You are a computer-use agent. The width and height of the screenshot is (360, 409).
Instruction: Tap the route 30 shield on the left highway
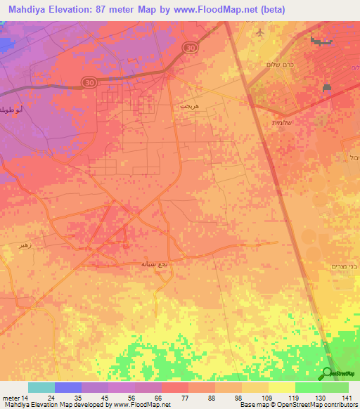(88, 82)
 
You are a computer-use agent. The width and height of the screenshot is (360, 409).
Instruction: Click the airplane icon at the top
(261, 32)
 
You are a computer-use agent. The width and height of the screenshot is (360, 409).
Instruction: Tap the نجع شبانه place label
(155, 263)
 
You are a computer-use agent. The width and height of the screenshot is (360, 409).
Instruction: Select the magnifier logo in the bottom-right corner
(327, 373)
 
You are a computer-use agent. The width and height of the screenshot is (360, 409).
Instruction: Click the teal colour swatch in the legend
(41, 387)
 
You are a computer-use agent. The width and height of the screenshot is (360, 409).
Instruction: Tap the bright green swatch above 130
(308, 387)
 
